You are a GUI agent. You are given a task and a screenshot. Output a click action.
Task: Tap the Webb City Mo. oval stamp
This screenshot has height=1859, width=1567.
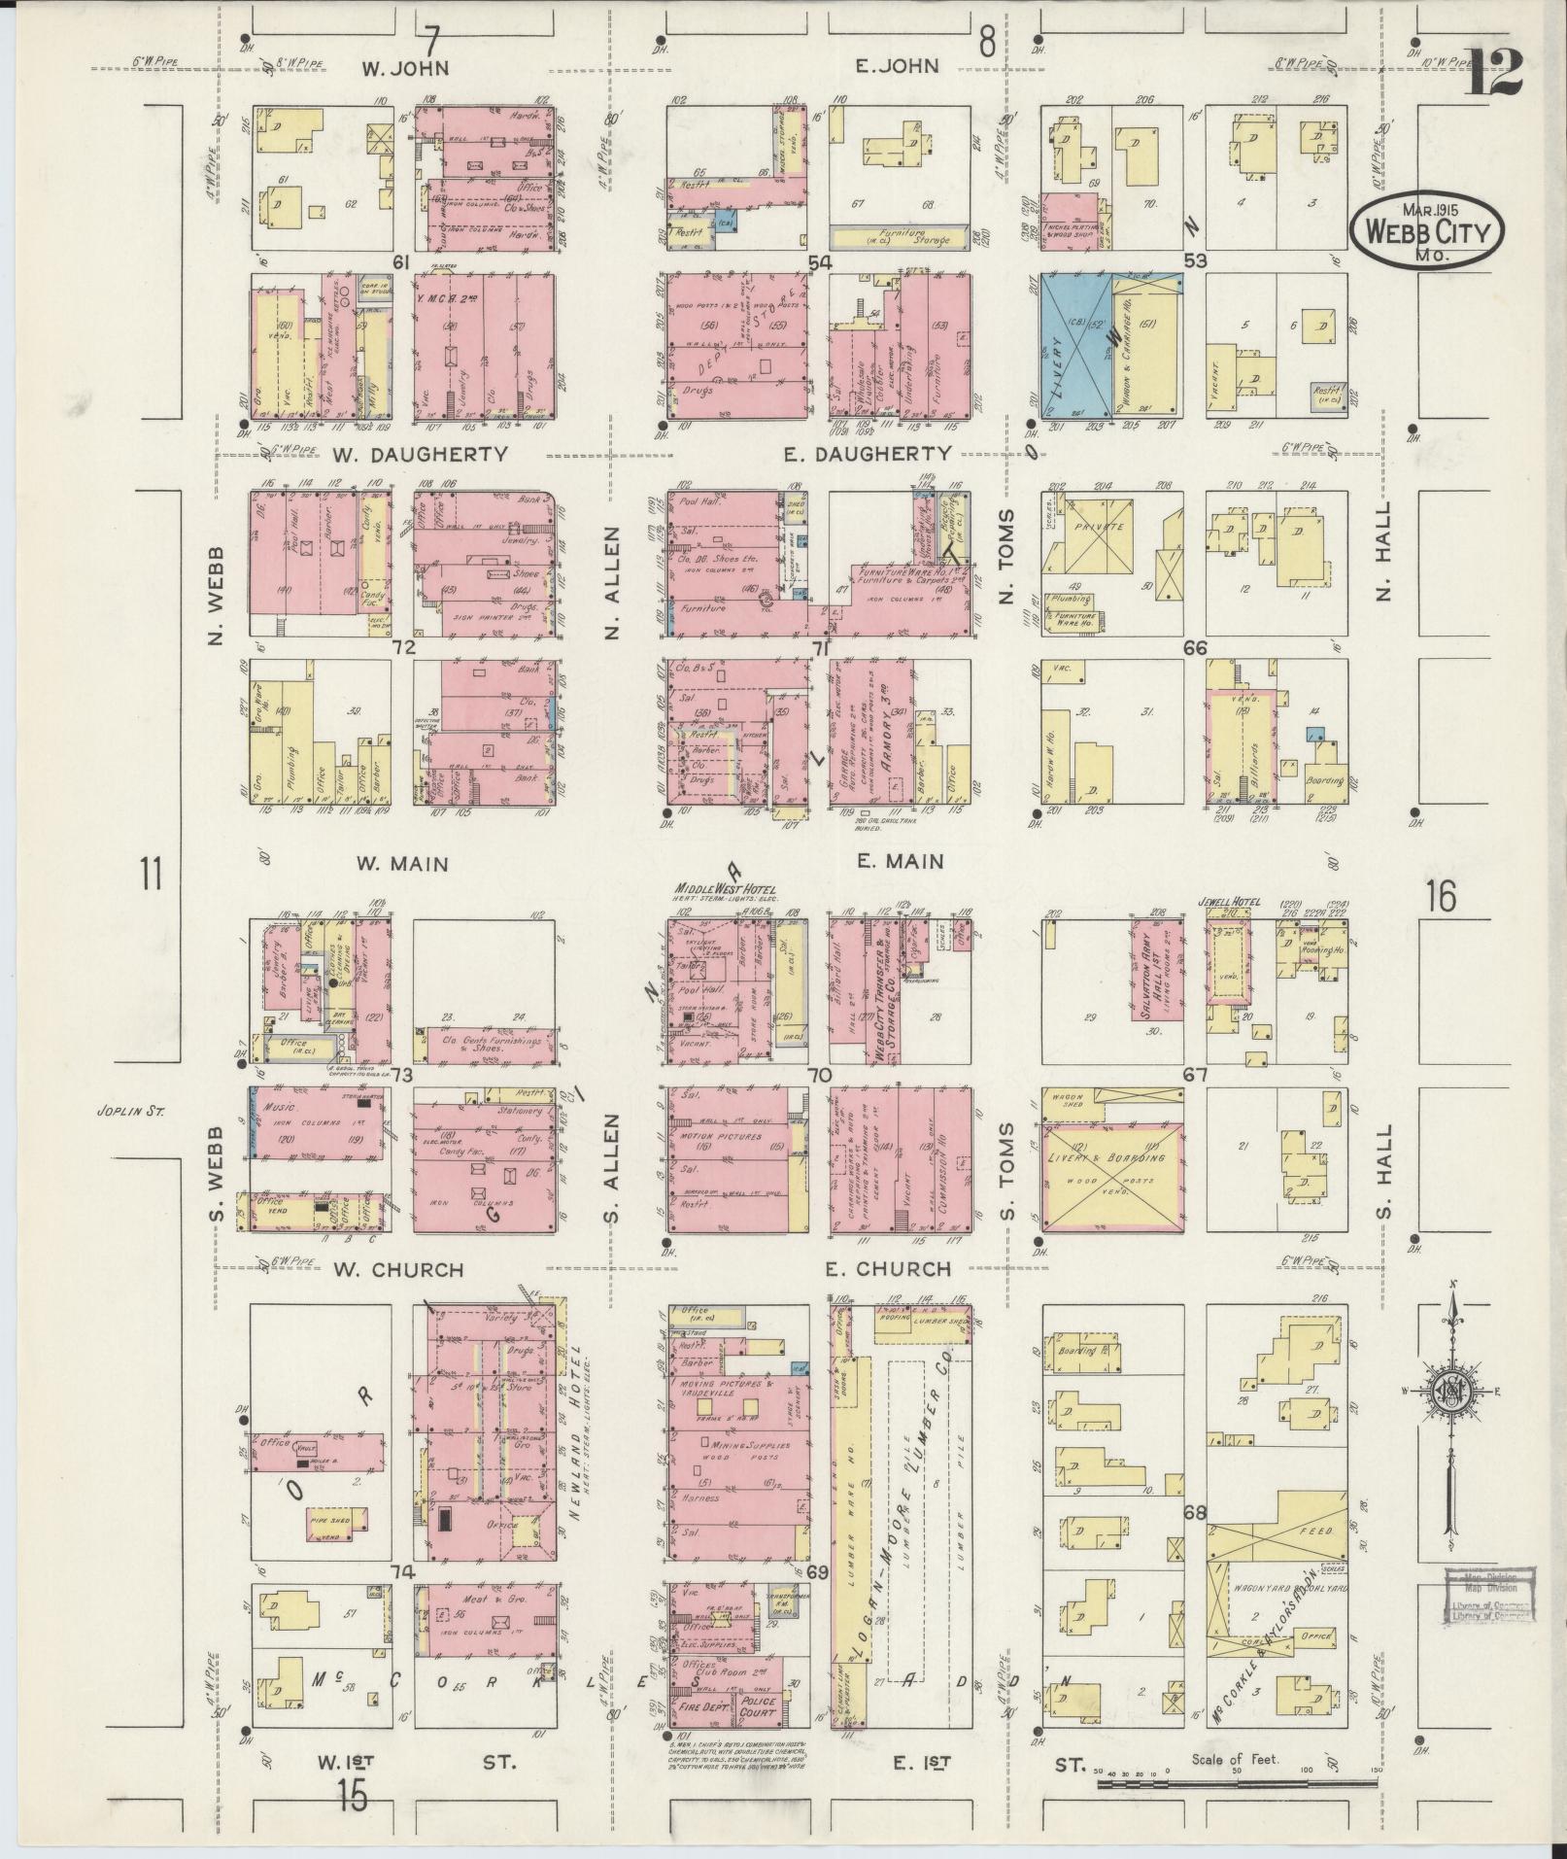(x=1425, y=231)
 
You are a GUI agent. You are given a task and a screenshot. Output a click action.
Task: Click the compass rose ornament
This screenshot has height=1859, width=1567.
(x=1451, y=1391)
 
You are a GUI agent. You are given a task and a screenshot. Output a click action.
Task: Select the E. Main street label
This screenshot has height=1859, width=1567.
(x=900, y=861)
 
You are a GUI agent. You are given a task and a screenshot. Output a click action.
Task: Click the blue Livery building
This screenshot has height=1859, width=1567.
(x=1076, y=345)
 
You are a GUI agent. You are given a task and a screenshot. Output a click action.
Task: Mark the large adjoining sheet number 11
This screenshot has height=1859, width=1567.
(x=151, y=875)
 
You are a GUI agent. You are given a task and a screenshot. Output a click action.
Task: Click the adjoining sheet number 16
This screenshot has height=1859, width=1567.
(x=1441, y=896)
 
